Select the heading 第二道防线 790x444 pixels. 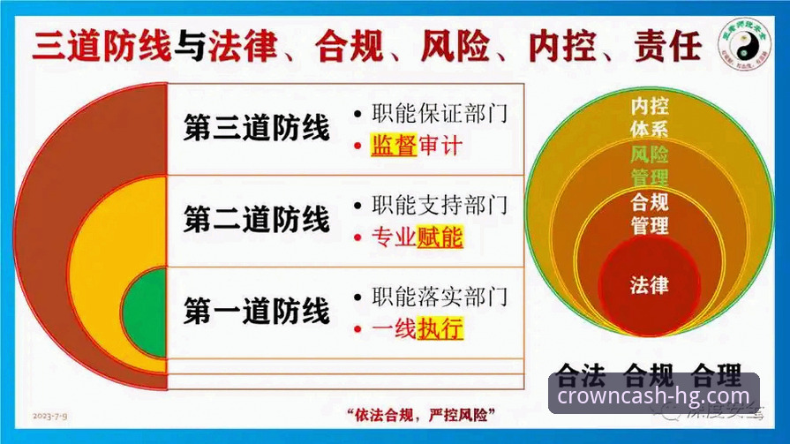point(256,219)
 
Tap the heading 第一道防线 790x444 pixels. point(256,312)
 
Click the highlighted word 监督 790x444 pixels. point(394,146)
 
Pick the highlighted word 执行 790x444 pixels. point(440,329)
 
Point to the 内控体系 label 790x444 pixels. point(650,117)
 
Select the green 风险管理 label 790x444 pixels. point(650,165)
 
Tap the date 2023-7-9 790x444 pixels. point(51,414)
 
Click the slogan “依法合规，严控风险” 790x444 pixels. point(419,415)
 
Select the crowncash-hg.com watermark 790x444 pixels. point(653,395)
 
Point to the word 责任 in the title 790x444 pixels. point(666,45)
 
